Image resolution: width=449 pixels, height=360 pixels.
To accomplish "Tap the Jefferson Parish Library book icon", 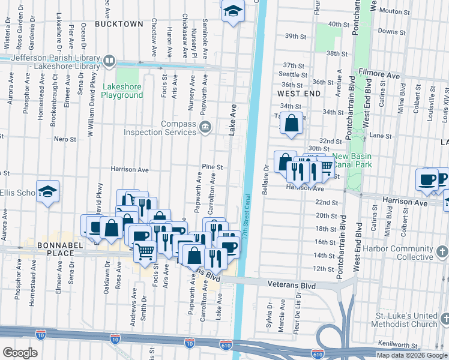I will [x=109, y=61].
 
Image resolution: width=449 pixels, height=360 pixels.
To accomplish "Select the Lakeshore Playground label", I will [x=122, y=91].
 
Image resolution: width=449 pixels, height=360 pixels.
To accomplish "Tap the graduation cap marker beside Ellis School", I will [x=47, y=191].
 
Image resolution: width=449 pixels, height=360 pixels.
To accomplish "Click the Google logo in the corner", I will [x=20, y=353].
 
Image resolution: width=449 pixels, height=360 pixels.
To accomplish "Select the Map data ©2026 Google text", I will [x=412, y=355].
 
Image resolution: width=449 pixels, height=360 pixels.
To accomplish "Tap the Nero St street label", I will [x=65, y=139].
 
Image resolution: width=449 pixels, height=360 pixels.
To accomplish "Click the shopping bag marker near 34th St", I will [x=291, y=124].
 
